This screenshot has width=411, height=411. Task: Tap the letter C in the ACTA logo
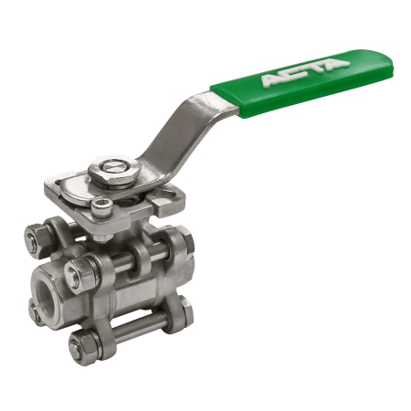tap(295, 72)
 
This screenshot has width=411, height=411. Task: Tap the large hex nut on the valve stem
tap(114, 172)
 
